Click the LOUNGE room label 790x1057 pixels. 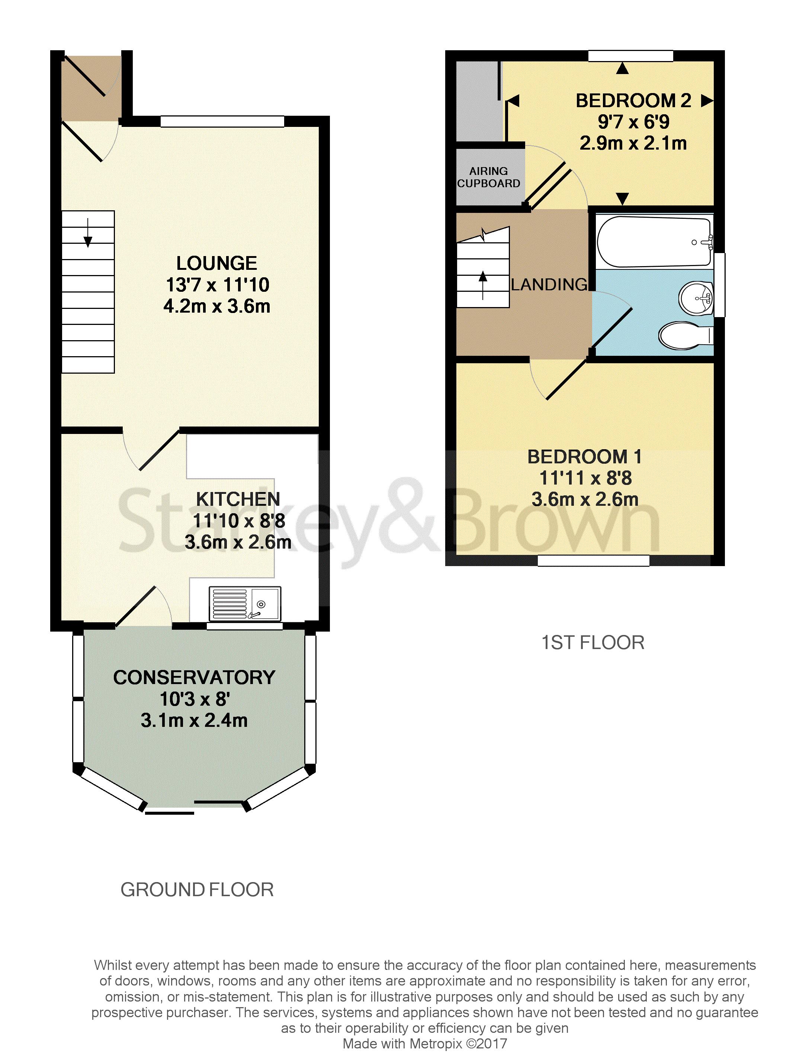pos(216,263)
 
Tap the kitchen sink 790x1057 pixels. pos(244,604)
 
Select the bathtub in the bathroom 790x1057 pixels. pos(654,241)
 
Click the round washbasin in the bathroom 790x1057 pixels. pos(696,298)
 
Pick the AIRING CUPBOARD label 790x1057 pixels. pos(488,177)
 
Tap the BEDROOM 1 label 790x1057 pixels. pos(585,457)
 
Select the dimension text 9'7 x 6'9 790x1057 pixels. pos(633,122)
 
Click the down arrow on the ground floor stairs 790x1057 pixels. pos(88,233)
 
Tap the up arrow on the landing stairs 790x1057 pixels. pos(483,285)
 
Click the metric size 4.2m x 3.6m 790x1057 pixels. pos(217,306)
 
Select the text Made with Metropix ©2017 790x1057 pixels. pos(425,1044)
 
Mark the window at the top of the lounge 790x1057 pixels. pos(222,121)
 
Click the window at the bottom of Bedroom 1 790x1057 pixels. pos(594,561)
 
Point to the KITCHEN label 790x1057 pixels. pos(238,499)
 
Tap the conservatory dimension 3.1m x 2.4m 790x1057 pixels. pos(195,721)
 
